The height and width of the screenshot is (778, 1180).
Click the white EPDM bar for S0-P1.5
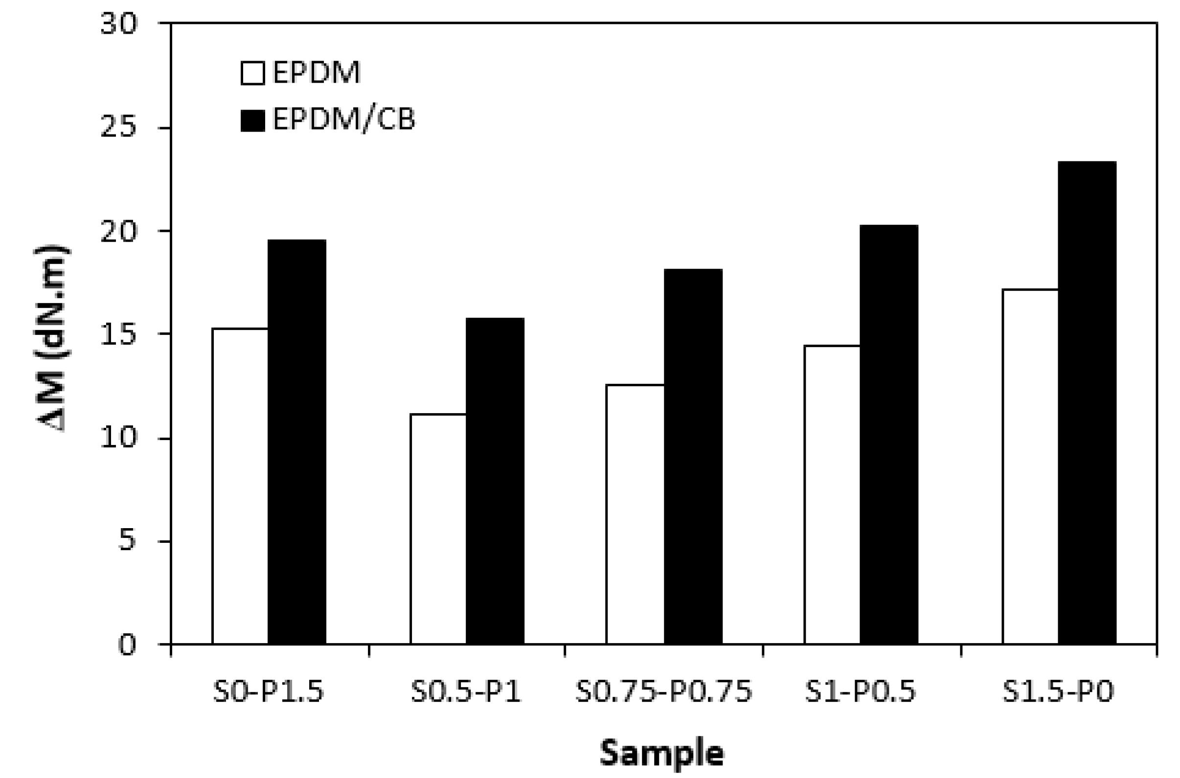click(x=240, y=486)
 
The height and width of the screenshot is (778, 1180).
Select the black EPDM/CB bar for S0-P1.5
click(x=297, y=442)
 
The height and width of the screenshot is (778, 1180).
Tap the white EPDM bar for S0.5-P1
click(x=438, y=529)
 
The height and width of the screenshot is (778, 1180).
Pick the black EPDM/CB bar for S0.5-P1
click(x=495, y=481)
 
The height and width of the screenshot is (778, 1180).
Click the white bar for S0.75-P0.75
click(x=635, y=514)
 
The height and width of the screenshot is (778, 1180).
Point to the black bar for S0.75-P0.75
click(x=693, y=456)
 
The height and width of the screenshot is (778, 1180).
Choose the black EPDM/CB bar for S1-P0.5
click(x=888, y=435)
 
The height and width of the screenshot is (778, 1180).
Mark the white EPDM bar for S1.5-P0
click(x=1030, y=467)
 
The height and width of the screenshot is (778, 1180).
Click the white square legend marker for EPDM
click(x=252, y=73)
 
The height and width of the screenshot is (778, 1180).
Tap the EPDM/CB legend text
click(x=343, y=120)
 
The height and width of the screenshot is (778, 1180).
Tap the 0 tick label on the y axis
click(x=127, y=645)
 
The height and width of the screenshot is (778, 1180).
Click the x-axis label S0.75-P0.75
click(x=664, y=691)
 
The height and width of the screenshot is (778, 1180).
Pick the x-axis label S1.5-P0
click(x=1058, y=691)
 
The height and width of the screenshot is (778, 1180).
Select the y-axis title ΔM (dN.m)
click(x=53, y=337)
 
